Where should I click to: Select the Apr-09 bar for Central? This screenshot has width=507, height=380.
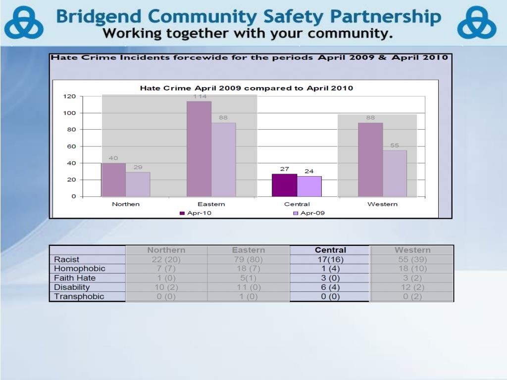(x=309, y=187)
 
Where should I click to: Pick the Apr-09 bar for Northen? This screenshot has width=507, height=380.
(x=138, y=184)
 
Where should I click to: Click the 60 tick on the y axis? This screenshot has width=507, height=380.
(x=71, y=146)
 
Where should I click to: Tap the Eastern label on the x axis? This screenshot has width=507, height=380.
(x=211, y=204)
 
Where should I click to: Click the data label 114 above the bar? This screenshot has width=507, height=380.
(x=200, y=96)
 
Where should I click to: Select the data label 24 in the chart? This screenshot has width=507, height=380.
(x=309, y=171)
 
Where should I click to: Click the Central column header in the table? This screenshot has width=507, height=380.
(x=330, y=250)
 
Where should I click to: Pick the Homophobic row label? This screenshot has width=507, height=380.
(x=80, y=269)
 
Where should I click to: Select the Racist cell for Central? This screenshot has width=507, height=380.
(x=330, y=259)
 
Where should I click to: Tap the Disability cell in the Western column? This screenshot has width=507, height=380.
(x=412, y=287)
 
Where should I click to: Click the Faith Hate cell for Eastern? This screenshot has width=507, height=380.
(x=248, y=278)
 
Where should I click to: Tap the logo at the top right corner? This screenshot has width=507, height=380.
(x=476, y=23)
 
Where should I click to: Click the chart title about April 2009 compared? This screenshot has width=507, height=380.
(x=247, y=88)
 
